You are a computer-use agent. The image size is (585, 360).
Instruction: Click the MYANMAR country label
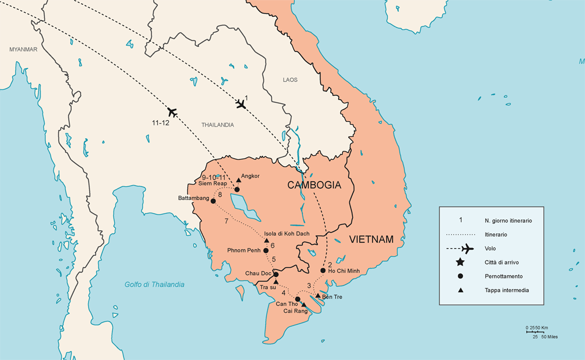pyautogui.click(x=23, y=49)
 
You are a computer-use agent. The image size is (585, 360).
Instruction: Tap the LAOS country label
pyautogui.click(x=290, y=80)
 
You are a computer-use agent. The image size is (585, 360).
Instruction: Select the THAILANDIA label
pyautogui.click(x=217, y=125)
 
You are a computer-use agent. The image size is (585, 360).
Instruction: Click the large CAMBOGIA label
pyautogui.click(x=314, y=185)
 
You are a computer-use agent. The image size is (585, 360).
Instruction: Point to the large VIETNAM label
pyautogui.click(x=371, y=239)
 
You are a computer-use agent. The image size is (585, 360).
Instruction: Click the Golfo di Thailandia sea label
pyautogui.click(x=154, y=284)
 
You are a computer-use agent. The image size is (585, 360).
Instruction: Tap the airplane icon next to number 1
pyautogui.click(x=241, y=104)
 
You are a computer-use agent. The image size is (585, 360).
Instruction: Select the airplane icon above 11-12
pyautogui.click(x=172, y=111)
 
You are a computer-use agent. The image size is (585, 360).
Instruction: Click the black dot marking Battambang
pyautogui.click(x=213, y=201)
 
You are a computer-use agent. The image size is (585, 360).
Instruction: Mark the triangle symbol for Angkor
pyautogui.click(x=238, y=179)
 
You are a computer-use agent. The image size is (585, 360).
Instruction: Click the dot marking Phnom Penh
pyautogui.click(x=265, y=250)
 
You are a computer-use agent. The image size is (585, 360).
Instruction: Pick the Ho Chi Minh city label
pyautogui.click(x=344, y=271)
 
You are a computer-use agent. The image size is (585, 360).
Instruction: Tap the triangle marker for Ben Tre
pyautogui.click(x=317, y=295)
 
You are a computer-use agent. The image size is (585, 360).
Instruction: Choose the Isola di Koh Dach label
pyautogui.click(x=286, y=233)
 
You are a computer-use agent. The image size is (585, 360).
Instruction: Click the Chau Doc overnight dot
pyautogui.click(x=275, y=274)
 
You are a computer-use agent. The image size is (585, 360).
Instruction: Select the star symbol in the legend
pyautogui.click(x=460, y=262)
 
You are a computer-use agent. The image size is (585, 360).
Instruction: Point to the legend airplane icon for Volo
pyautogui.click(x=467, y=248)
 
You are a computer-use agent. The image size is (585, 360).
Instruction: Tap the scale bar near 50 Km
pyautogui.click(x=537, y=331)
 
